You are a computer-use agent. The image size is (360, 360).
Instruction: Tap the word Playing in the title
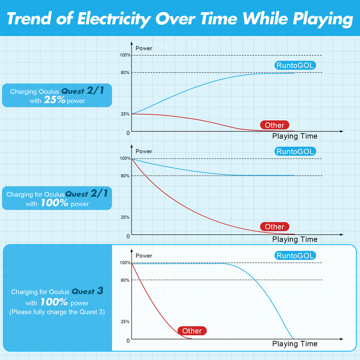click(322, 19)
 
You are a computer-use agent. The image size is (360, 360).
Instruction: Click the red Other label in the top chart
click(275, 125)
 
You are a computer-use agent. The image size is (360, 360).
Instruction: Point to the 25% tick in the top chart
click(125, 114)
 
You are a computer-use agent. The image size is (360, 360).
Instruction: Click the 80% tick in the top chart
click(125, 73)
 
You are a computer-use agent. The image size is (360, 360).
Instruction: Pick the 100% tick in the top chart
click(125, 55)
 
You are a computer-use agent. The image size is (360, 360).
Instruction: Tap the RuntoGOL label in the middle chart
click(295, 151)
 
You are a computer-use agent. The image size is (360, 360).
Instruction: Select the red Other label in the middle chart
click(275, 227)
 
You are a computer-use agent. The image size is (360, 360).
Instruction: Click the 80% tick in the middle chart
click(125, 176)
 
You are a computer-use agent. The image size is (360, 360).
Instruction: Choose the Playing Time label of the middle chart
click(295, 239)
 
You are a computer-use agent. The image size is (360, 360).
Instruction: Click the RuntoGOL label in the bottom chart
click(295, 256)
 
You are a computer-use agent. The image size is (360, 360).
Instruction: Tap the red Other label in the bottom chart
click(192, 331)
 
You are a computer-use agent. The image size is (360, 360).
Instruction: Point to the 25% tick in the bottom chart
click(125, 321)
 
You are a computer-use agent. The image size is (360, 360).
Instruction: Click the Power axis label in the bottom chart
click(144, 256)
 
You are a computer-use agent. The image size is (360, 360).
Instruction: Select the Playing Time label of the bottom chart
click(295, 344)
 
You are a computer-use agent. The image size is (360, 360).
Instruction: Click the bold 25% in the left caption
click(55, 100)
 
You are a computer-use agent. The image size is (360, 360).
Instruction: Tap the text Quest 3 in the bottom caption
click(87, 291)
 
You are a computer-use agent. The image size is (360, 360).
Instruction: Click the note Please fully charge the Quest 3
click(57, 312)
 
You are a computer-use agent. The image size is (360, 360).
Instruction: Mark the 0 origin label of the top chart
click(128, 133)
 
